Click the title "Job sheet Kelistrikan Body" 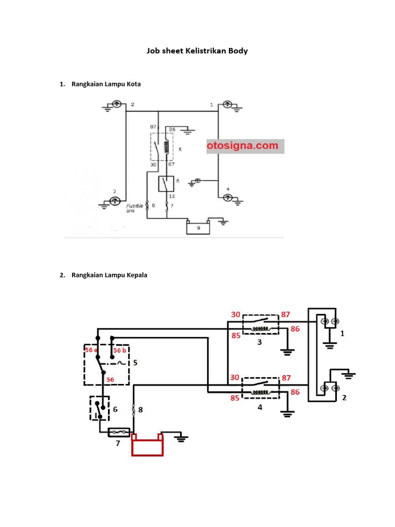197,51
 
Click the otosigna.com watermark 242,146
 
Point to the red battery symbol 148,445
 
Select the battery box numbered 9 198,226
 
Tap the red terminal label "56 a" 91,349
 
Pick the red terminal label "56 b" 120,350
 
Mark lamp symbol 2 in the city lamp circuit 117,104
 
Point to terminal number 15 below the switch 172,196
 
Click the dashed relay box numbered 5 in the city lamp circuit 161,147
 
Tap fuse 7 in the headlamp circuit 119,433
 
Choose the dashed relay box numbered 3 260,324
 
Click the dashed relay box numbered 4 260,388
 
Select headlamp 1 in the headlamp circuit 328,322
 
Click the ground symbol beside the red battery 181,437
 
